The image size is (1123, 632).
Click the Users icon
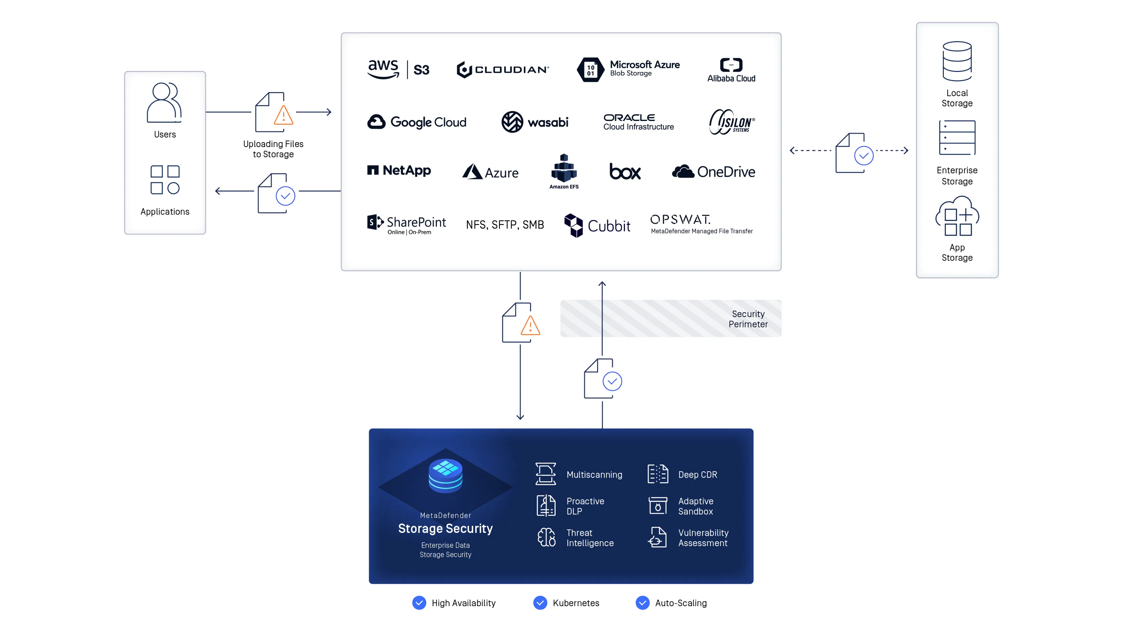point(164,103)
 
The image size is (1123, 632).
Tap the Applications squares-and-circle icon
point(165,179)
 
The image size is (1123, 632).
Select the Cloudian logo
point(503,69)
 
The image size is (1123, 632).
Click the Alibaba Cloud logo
point(731,70)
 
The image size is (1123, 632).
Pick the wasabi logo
point(535,122)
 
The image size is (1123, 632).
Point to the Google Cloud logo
point(417,122)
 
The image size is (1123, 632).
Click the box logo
point(625,172)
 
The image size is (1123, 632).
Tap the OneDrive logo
point(714,172)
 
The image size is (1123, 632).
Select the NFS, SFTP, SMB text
point(505,225)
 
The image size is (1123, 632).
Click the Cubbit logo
point(597,225)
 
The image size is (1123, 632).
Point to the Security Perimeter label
point(748,319)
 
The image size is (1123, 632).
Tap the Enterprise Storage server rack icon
point(957,138)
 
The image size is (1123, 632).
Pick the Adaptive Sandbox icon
point(658,506)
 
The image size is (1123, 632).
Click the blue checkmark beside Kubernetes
point(540,603)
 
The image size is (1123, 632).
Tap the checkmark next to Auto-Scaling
point(643,603)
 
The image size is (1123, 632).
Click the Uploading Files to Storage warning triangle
point(284,115)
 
